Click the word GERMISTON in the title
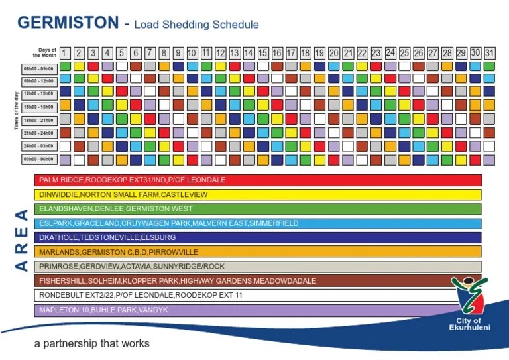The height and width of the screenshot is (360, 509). click(68, 23)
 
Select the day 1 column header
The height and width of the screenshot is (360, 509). click(65, 52)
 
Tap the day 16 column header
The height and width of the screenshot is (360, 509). click(276, 52)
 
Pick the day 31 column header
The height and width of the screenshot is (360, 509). click(489, 52)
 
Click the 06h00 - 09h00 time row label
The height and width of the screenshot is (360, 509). click(39, 67)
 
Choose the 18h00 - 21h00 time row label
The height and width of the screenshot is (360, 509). click(39, 119)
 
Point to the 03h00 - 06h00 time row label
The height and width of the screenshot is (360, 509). click(39, 160)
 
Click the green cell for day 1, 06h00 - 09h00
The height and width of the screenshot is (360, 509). click(65, 66)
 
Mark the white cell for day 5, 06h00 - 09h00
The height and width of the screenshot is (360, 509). click(121, 66)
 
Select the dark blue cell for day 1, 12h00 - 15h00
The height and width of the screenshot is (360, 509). click(65, 91)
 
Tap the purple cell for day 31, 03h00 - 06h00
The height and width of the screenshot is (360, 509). click(489, 160)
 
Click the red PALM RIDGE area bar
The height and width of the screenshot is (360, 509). click(258, 180)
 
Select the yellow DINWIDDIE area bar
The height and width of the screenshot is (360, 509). click(258, 195)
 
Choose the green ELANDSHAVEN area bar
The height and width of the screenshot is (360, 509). click(258, 209)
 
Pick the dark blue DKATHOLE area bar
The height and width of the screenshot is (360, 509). click(258, 237)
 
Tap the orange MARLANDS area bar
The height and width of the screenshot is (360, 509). click(258, 252)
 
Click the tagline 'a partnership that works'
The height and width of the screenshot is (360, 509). click(92, 343)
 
